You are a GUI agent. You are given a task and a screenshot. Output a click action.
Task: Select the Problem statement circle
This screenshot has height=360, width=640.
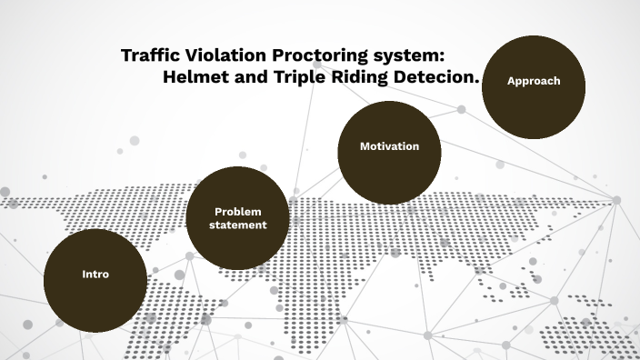pyautogui.click(x=238, y=218)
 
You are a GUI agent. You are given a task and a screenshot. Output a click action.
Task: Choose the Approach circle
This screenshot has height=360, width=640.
pyautogui.click(x=534, y=86)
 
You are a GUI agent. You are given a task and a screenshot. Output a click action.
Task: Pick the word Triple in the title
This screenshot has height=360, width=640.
pyautogui.click(x=299, y=77)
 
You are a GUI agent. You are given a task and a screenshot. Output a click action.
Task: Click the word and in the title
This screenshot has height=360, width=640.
pyautogui.click(x=248, y=77)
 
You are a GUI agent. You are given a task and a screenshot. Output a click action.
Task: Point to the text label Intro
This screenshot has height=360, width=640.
pyautogui.click(x=95, y=274)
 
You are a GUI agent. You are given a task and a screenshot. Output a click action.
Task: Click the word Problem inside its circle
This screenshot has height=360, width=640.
pyautogui.click(x=238, y=211)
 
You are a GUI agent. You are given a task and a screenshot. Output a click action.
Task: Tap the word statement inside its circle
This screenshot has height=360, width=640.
pyautogui.click(x=238, y=225)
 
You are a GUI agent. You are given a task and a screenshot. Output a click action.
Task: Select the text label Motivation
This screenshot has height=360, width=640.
pyautogui.click(x=389, y=146)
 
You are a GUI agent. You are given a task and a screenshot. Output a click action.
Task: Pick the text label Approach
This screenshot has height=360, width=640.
pyautogui.click(x=534, y=81)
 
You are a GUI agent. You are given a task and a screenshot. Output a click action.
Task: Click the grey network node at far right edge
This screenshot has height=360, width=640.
pyautogui.click(x=616, y=200)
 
